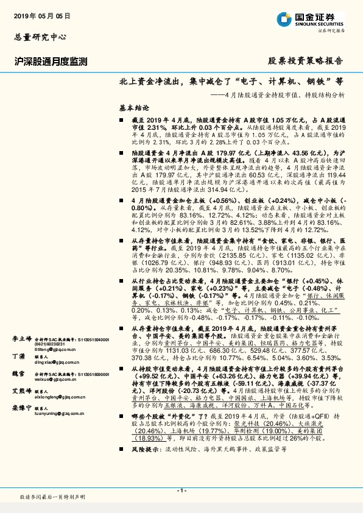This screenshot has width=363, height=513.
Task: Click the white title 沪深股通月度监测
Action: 52,61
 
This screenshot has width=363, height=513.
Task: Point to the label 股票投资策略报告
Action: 306,61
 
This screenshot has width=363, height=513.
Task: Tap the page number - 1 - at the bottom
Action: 181,490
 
